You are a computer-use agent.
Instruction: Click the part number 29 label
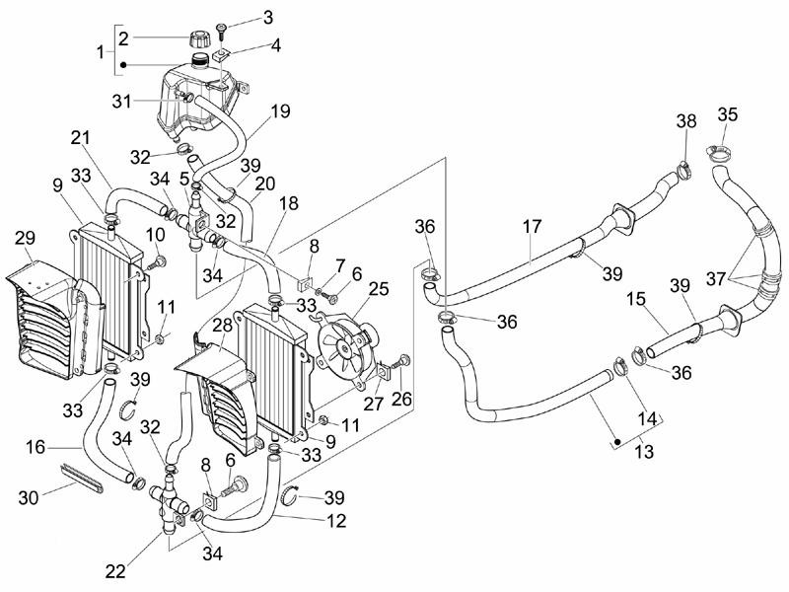pos(26,238)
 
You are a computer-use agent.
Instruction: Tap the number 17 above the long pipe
pos(533,227)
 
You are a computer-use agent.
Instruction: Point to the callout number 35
pos(727,114)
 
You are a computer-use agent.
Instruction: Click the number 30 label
pos(30,498)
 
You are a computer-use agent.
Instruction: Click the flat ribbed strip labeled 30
pos(82,480)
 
